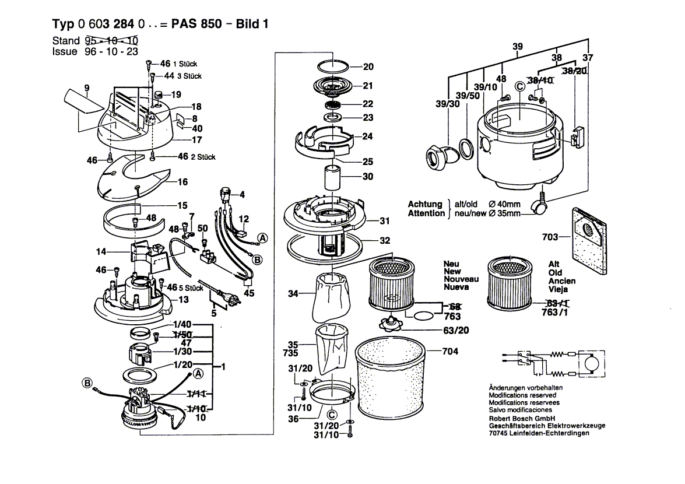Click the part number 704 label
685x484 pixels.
click(450, 351)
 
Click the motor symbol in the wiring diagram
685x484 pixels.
click(587, 364)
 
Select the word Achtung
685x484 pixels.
click(425, 204)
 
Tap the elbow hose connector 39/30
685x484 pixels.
click(438, 157)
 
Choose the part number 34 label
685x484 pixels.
click(293, 293)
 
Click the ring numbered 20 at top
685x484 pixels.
click(333, 65)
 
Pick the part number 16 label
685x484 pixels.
click(182, 182)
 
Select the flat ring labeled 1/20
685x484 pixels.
click(142, 373)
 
